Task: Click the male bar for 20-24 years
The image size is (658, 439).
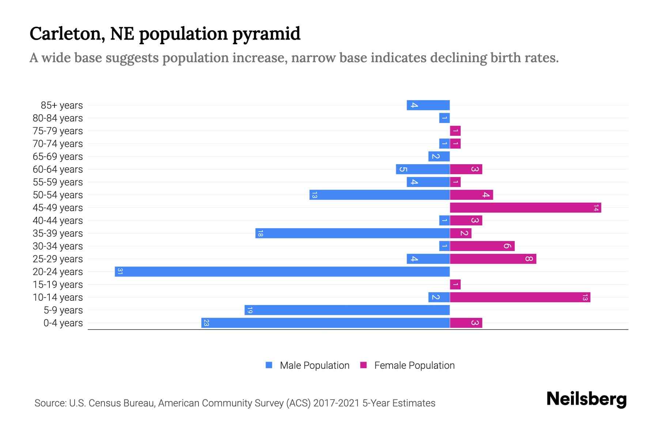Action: [x=282, y=271]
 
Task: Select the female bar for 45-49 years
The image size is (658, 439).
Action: [x=525, y=207]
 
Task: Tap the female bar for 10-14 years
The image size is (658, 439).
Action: [x=520, y=297]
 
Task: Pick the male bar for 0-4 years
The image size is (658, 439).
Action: [x=325, y=323]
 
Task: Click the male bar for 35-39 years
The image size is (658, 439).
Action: [x=352, y=233]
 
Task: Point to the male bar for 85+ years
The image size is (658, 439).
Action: [x=428, y=105]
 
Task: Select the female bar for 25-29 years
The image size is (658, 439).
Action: [x=493, y=259]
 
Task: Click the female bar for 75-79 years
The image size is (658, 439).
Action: [x=455, y=131]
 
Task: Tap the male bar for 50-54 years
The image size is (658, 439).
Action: [x=379, y=195]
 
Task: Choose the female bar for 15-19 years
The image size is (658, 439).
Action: [x=455, y=284]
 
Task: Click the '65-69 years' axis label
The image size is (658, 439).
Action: [x=58, y=157]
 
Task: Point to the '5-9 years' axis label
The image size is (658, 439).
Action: [x=63, y=310]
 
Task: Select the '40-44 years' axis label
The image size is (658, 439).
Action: [x=58, y=221]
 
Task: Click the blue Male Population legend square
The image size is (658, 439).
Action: [x=269, y=365]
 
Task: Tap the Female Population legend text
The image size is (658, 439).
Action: [x=414, y=365]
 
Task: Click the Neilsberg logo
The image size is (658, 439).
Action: [x=586, y=399]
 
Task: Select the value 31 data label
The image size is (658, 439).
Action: [x=120, y=271]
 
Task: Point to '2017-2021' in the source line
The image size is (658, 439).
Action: [x=336, y=403]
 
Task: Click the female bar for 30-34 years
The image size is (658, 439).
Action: [x=482, y=246]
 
